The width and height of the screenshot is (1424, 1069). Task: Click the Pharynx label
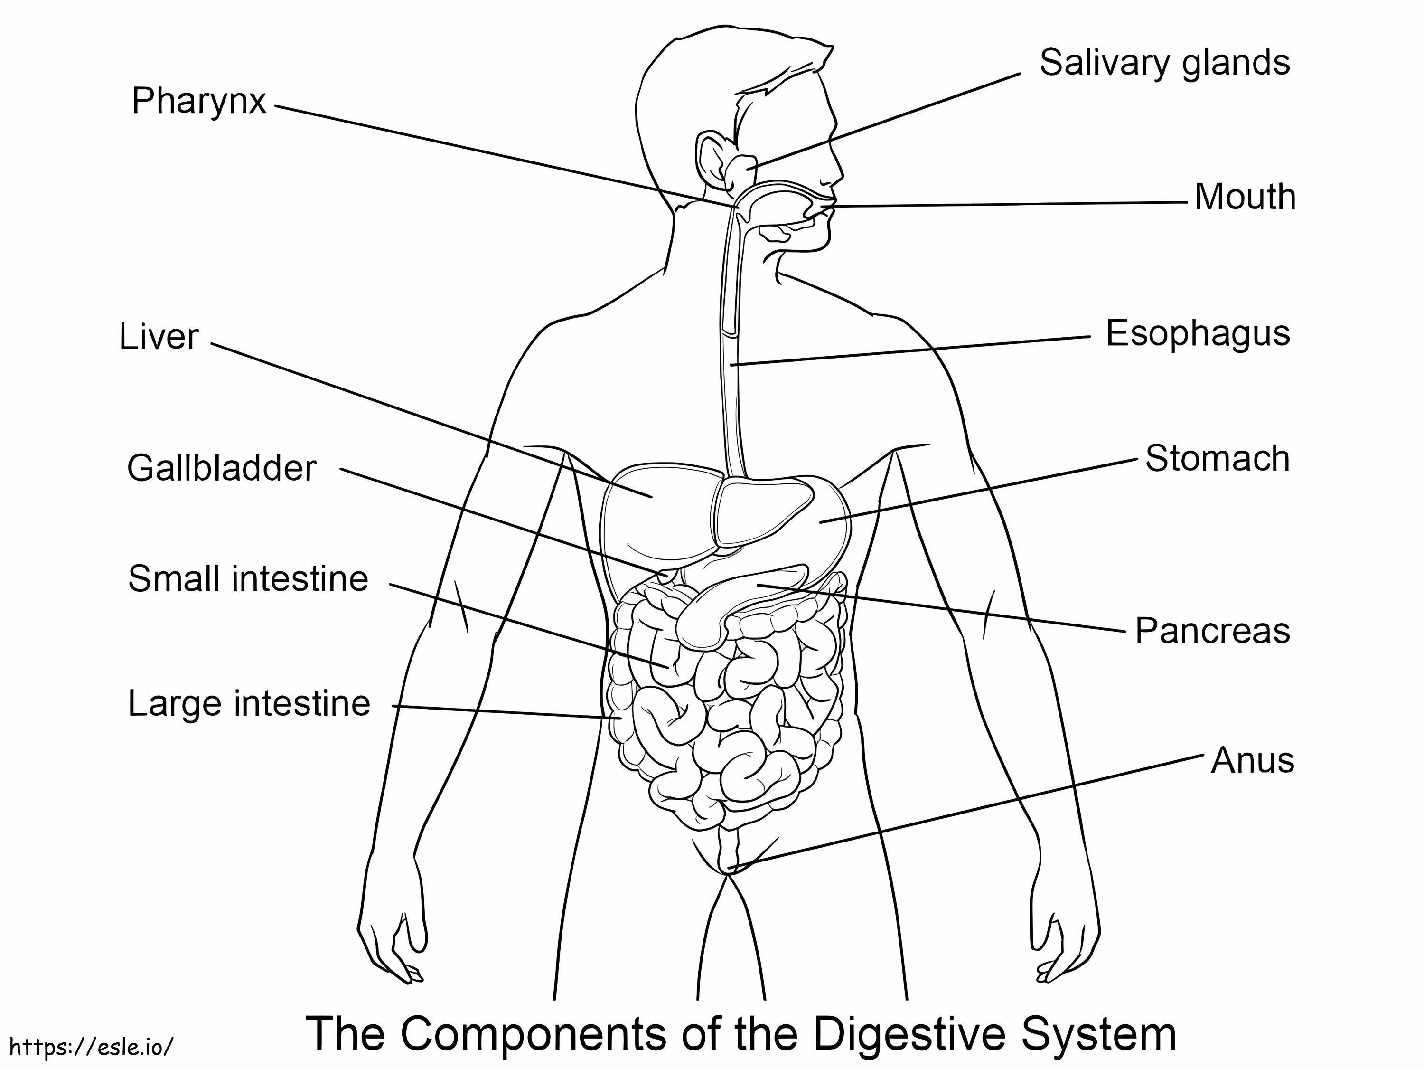198,102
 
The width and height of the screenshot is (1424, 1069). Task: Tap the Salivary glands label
1164,63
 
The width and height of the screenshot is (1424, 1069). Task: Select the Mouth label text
1245,197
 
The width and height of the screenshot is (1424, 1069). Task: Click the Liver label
159,338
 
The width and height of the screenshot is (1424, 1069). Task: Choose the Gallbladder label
222,468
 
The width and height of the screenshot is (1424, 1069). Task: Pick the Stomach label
1217,459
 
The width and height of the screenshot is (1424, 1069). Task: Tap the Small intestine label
248,579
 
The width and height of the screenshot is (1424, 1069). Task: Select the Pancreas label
1211,631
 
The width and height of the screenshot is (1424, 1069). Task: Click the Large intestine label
249,703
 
